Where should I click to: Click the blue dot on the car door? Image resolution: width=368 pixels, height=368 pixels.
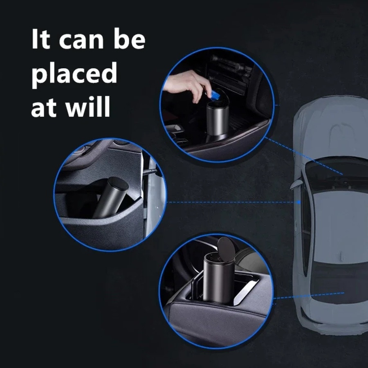coord(299,202)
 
